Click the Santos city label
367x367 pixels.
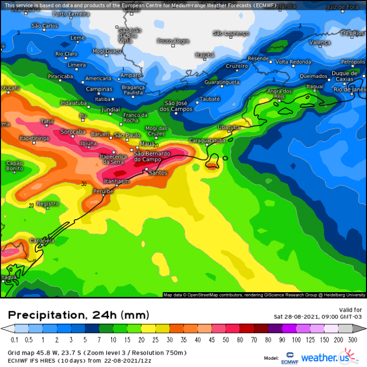(x=158, y=173)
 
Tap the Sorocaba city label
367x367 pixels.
(x=73, y=132)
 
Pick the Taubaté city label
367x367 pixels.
(x=211, y=98)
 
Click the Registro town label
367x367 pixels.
(x=47, y=204)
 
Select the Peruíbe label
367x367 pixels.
(x=103, y=191)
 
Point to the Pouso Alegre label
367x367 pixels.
(x=173, y=41)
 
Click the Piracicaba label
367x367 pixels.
(x=60, y=76)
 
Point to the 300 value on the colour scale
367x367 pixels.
(x=351, y=340)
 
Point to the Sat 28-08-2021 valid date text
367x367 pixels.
(x=318, y=316)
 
